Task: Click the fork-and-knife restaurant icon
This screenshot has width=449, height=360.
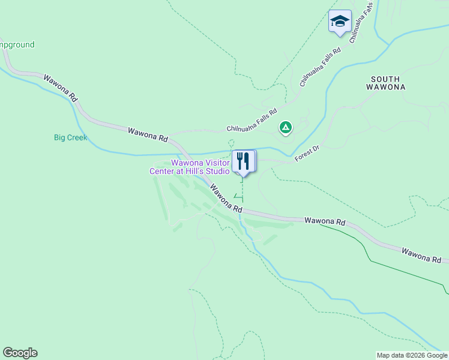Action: [243, 161]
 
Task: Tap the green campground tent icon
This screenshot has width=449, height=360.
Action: [286, 127]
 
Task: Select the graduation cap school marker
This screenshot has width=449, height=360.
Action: [340, 22]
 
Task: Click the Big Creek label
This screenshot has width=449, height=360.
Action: [70, 137]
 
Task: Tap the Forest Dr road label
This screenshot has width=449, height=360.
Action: [306, 154]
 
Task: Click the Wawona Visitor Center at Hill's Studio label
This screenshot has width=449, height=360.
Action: [190, 167]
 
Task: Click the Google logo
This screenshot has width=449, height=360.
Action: [20, 353]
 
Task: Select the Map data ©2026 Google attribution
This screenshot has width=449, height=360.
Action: [412, 355]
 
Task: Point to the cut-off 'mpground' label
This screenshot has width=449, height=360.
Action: [17, 44]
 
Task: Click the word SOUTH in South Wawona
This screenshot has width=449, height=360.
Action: [385, 79]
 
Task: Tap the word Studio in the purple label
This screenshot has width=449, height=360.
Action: [218, 171]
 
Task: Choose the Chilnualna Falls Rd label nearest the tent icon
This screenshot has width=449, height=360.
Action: [252, 120]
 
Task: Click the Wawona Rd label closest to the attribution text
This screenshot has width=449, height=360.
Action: [421, 254]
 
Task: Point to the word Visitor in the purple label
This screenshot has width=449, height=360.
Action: [217, 163]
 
